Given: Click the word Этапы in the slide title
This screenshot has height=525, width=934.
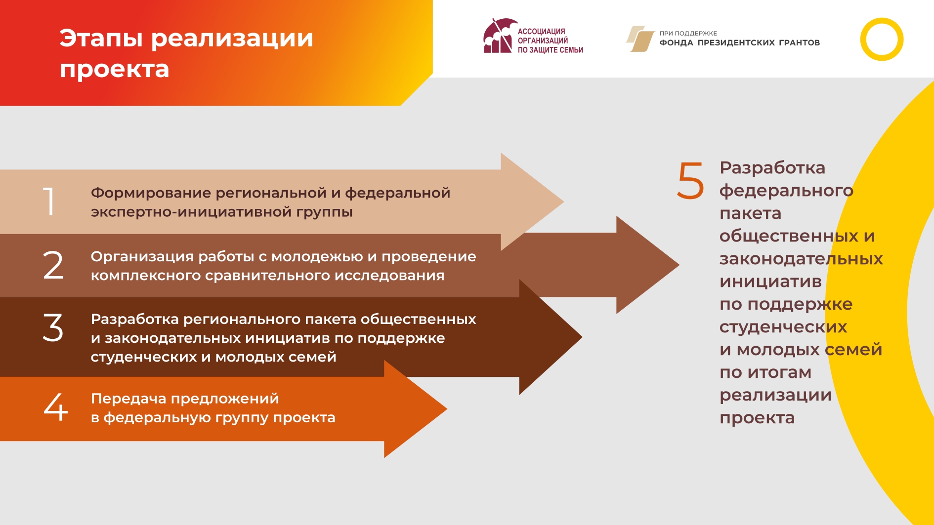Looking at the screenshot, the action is [x=101, y=39].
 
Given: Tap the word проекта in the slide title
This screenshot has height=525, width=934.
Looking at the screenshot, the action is [x=115, y=70].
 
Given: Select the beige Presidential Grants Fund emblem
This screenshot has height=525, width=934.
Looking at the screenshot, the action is [x=640, y=39].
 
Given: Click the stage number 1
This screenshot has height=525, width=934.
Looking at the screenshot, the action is [x=49, y=202].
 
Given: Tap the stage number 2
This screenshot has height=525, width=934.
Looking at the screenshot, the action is [x=53, y=265].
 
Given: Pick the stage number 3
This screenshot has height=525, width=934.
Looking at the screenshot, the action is [x=53, y=327].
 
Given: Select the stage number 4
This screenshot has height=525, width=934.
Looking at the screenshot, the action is [x=56, y=407].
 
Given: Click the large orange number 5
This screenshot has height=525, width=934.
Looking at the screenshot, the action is [x=690, y=181].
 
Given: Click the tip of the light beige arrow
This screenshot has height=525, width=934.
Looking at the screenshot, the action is [x=563, y=202].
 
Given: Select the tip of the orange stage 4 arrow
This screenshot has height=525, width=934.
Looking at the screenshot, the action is [x=447, y=409].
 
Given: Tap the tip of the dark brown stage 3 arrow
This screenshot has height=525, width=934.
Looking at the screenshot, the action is [x=582, y=337].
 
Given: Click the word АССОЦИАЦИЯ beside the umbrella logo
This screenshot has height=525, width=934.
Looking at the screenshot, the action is [x=542, y=32].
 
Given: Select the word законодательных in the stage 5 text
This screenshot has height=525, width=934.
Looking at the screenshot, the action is [x=801, y=259].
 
